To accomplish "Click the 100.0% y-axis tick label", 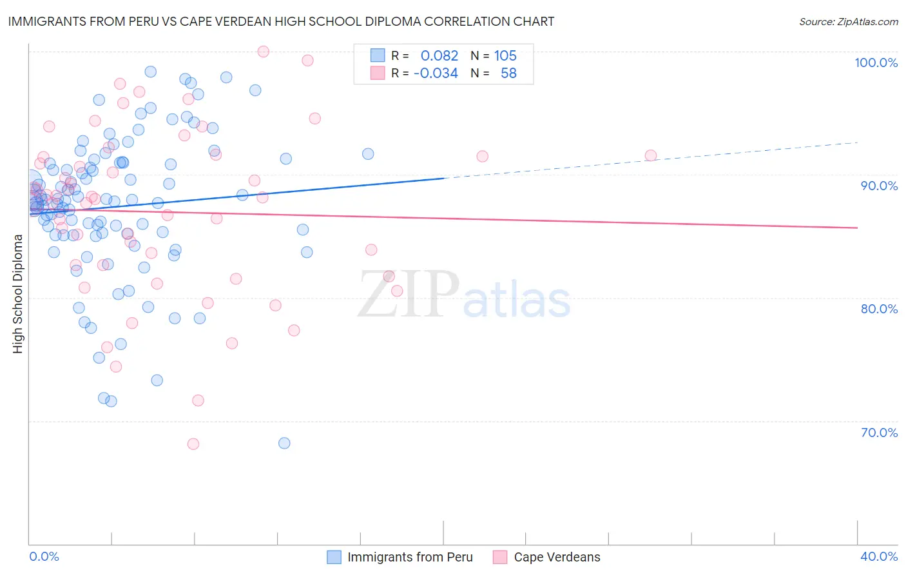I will (x=876, y=63).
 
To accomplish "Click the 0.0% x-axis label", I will (x=44, y=556).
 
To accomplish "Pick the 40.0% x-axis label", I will (x=879, y=556).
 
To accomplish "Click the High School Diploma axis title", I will (x=18, y=293).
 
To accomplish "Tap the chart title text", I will (x=281, y=21).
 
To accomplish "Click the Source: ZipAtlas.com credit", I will (x=848, y=21).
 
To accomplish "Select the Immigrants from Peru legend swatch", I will (x=334, y=557).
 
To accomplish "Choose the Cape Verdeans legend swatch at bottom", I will (x=500, y=557).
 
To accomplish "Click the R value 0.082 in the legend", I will (x=439, y=55).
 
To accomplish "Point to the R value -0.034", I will (x=436, y=73).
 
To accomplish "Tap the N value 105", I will (x=505, y=55).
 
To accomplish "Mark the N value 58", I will (x=508, y=73).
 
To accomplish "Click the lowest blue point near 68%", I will (x=284, y=443).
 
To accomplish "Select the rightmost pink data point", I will (x=651, y=155).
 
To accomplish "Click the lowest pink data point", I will (x=193, y=443).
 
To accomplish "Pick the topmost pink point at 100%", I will (x=263, y=52).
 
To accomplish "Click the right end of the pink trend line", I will (x=857, y=228).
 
